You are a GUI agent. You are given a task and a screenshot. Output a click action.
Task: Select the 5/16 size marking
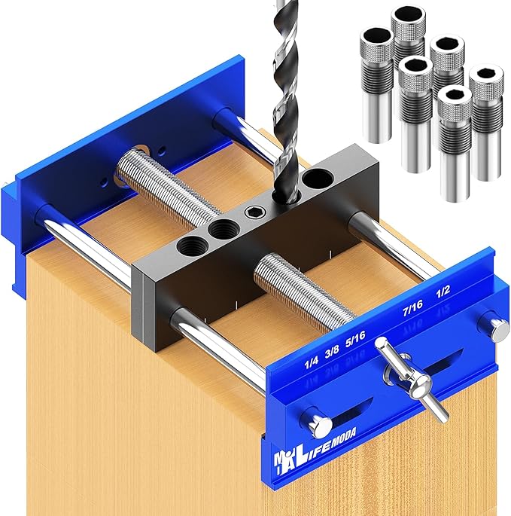tap(354, 346)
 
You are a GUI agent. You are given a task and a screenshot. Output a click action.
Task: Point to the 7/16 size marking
tap(414, 308)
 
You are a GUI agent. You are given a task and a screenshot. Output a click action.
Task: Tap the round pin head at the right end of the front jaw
tap(495, 327)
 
